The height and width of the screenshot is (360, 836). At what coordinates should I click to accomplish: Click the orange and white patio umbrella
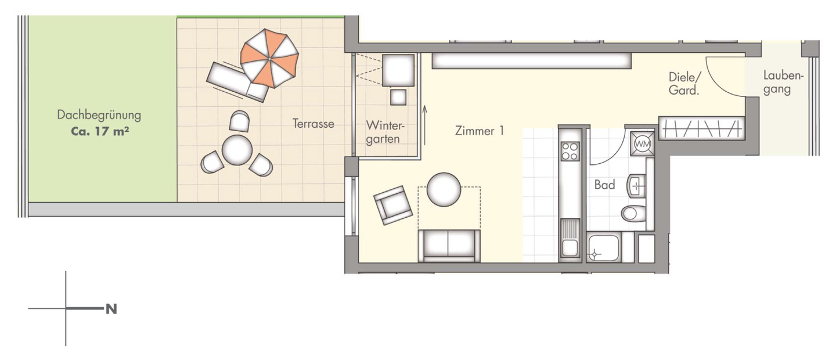pos(269,58)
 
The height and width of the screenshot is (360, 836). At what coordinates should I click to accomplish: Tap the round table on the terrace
pos(237,150)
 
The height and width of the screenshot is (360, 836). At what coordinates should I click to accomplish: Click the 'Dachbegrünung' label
pos(99,115)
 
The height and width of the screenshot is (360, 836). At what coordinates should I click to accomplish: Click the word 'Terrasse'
pos(313,124)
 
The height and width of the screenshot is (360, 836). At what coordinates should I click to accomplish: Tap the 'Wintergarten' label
pos(384,132)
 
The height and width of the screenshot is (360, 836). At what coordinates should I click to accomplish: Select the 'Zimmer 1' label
pos(480,131)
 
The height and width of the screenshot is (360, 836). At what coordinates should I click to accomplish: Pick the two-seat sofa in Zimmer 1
pos(449,245)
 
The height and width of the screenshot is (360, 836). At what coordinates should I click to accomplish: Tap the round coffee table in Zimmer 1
pos(444,189)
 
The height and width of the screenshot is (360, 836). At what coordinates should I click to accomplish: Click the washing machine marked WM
pos(642,142)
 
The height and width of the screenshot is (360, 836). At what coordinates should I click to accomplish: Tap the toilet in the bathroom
pos(633,213)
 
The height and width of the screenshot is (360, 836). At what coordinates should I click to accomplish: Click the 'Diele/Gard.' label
pos(686,84)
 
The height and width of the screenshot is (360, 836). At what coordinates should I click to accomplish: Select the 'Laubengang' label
pos(783,83)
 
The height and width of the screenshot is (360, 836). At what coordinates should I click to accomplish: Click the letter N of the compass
pos(111,309)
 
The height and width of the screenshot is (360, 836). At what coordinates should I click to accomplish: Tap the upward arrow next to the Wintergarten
pos(425,125)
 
